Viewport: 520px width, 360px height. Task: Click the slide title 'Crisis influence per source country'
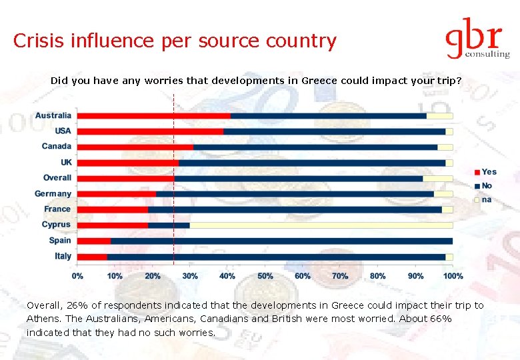(x=175, y=41)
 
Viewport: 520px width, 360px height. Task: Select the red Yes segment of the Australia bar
(x=154, y=116)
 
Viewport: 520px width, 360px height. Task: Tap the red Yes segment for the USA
(x=150, y=131)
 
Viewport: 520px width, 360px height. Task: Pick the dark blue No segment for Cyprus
(x=169, y=225)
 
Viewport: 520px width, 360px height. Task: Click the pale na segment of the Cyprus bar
(x=320, y=225)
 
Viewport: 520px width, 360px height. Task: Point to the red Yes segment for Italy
(x=92, y=257)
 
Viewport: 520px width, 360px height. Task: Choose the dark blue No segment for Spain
(x=281, y=241)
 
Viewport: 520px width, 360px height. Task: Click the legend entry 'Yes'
(x=489, y=172)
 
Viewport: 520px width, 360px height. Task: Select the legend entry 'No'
(x=487, y=185)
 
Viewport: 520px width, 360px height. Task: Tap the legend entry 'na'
(x=487, y=199)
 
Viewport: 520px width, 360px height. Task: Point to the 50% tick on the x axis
(x=265, y=275)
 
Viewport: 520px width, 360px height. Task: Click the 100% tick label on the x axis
(x=453, y=275)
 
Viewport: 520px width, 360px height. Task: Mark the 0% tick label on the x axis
(x=78, y=275)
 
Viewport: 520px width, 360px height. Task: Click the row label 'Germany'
(x=53, y=194)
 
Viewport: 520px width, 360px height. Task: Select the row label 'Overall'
(x=57, y=178)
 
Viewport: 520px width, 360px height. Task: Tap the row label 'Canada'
(x=56, y=147)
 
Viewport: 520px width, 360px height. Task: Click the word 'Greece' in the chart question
(x=319, y=81)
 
